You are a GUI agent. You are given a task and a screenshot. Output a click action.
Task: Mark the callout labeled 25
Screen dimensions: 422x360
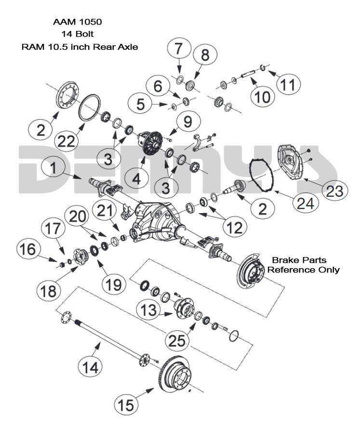(x=178, y=340)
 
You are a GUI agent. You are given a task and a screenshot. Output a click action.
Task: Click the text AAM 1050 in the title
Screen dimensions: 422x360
(x=78, y=22)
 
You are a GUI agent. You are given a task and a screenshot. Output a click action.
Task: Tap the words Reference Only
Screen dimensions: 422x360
(x=304, y=270)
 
